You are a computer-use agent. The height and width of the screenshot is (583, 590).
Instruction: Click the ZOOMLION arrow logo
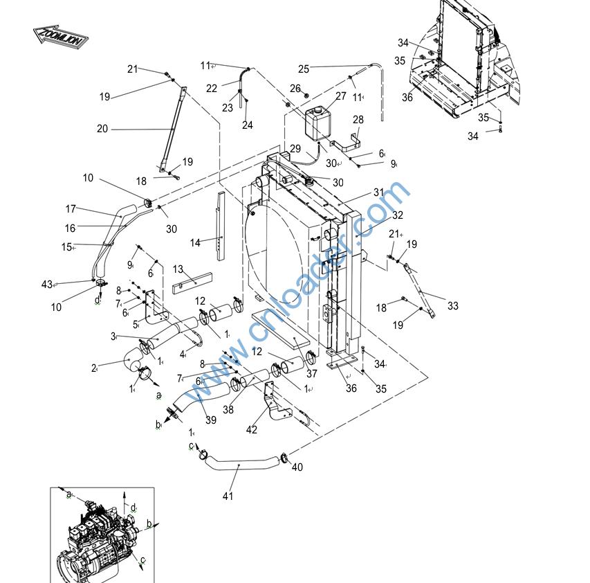tap(60, 37)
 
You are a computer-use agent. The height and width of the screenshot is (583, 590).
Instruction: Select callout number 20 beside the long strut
tap(103, 128)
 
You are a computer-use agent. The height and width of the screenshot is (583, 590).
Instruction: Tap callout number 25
tap(304, 69)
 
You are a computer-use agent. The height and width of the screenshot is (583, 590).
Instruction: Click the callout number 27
tap(340, 96)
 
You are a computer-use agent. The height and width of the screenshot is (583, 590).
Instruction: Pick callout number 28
tap(358, 120)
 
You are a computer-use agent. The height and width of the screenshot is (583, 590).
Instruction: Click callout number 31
tap(378, 192)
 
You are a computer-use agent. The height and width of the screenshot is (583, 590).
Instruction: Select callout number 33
tap(453, 305)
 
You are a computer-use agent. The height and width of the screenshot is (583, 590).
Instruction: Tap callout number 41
tap(228, 496)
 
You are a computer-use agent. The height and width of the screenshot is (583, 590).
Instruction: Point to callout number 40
tap(297, 467)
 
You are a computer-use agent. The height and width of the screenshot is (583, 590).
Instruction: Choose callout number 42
tap(252, 429)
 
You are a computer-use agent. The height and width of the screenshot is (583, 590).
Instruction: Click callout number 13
tap(178, 269)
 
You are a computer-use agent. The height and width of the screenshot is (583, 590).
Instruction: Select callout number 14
tap(195, 243)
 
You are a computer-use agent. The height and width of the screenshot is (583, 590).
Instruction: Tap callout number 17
tap(71, 208)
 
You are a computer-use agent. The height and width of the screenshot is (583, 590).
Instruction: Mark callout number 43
tap(47, 285)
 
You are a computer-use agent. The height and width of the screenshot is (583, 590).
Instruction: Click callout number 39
tap(211, 420)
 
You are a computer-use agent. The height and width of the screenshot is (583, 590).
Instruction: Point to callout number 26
tap(295, 88)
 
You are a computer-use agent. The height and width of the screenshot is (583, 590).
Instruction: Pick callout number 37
tap(312, 374)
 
